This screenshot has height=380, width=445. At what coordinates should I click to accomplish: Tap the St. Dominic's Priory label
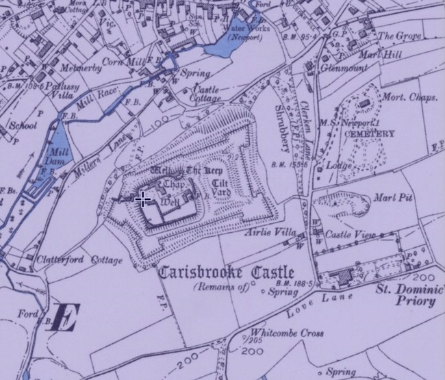click(407, 294)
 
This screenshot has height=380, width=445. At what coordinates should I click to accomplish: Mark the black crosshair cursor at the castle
click(143, 200)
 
